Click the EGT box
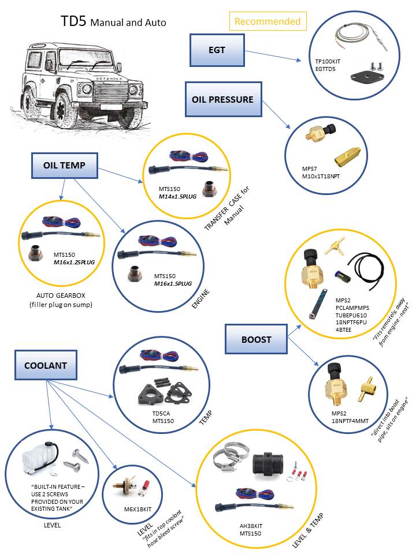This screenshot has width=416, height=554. tap(217, 50)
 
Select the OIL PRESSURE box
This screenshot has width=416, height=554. tap(222, 99)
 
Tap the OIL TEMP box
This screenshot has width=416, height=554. tap(64, 165)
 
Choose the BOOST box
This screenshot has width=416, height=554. tap(256, 339)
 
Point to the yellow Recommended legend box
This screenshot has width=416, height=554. tap(268, 21)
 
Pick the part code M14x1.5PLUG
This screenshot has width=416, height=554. tap(179, 196)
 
